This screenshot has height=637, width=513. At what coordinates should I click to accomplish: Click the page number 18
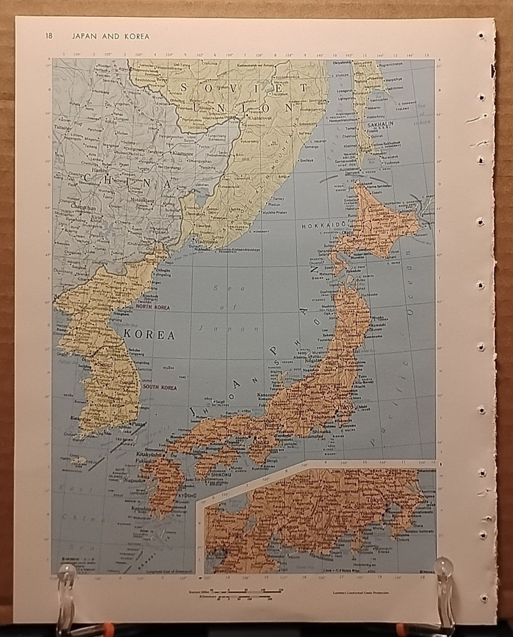tap(49, 36)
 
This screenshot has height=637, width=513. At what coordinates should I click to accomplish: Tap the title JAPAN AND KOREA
tap(110, 36)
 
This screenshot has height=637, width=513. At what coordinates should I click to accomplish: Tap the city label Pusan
tap(139, 424)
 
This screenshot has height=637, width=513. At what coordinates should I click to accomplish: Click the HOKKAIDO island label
tap(324, 224)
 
